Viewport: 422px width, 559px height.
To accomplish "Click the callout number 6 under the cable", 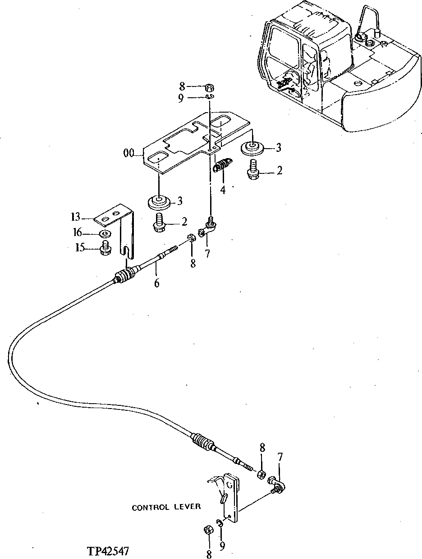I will pyautogui.click(x=156, y=283).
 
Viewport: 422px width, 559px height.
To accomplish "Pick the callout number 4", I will pyautogui.click(x=223, y=190).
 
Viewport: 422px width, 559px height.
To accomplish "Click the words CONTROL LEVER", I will pyautogui.click(x=166, y=507).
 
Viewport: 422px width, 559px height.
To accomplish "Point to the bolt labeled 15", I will pyautogui.click(x=106, y=248).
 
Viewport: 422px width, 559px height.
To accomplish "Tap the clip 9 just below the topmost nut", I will pyautogui.click(x=209, y=97).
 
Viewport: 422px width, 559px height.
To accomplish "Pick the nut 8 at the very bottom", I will pyautogui.click(x=209, y=530).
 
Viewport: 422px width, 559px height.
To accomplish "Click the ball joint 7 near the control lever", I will pyautogui.click(x=277, y=485).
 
